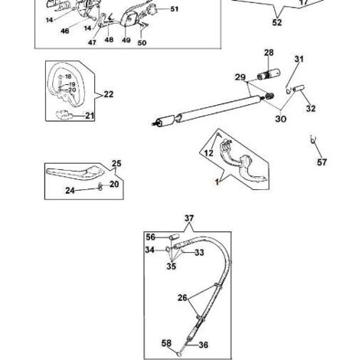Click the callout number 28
(269, 53)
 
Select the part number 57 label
(322, 162)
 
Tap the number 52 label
(277, 22)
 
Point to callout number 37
(189, 218)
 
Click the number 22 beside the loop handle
(109, 94)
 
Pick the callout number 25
(116, 163)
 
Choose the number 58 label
(166, 343)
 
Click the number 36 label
(204, 345)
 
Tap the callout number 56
(151, 237)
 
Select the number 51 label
(175, 9)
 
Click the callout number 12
(208, 153)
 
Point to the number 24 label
(70, 191)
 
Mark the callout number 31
(299, 59)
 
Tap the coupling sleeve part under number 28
(268, 74)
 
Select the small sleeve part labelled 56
(174, 237)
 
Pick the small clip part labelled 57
(313, 139)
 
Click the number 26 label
(182, 298)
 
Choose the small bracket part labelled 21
(64, 115)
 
